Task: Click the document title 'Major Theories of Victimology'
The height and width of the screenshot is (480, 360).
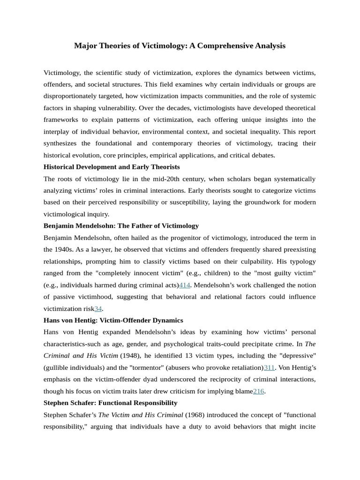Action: coord(180,46)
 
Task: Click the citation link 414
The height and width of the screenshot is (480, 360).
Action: coord(184,285)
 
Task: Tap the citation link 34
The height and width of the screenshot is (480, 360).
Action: coord(98,308)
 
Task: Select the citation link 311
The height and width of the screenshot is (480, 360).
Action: coord(269,367)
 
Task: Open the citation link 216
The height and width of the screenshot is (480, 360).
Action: coord(258,391)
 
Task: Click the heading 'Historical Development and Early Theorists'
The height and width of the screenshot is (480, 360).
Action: coord(112,167)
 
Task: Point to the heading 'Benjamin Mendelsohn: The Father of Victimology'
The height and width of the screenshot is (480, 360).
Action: coord(121,226)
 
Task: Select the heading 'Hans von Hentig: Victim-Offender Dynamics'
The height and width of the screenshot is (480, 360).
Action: coord(113,320)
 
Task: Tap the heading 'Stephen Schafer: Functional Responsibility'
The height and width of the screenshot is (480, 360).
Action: coord(110,403)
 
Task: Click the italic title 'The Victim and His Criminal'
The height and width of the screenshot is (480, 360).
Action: coord(140,415)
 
